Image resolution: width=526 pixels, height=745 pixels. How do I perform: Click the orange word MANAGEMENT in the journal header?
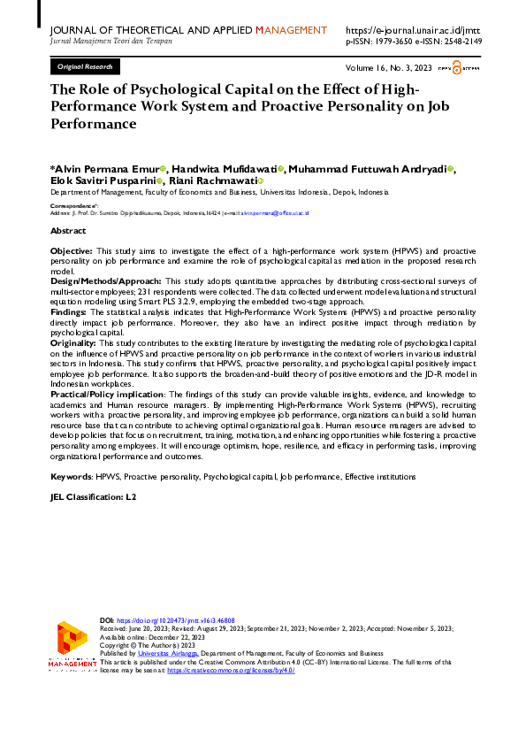tap(291, 30)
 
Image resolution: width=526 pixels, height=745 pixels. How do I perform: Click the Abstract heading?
tap(68, 230)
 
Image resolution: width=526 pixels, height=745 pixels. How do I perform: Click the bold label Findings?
tap(69, 312)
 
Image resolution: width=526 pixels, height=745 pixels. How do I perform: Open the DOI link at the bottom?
tap(160, 622)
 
